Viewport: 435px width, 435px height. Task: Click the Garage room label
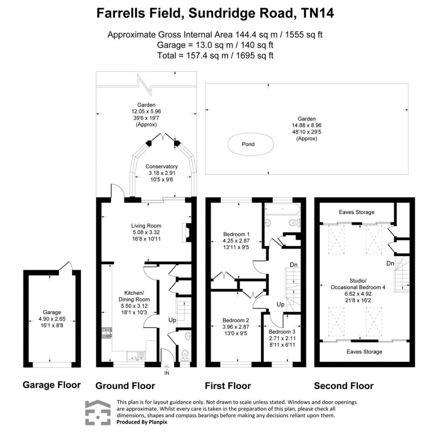click(52, 312)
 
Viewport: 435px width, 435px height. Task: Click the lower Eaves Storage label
click(364, 352)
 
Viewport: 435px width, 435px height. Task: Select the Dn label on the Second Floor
click(390, 264)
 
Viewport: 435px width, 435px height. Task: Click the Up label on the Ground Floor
click(172, 320)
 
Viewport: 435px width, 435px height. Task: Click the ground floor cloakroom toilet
click(184, 354)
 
